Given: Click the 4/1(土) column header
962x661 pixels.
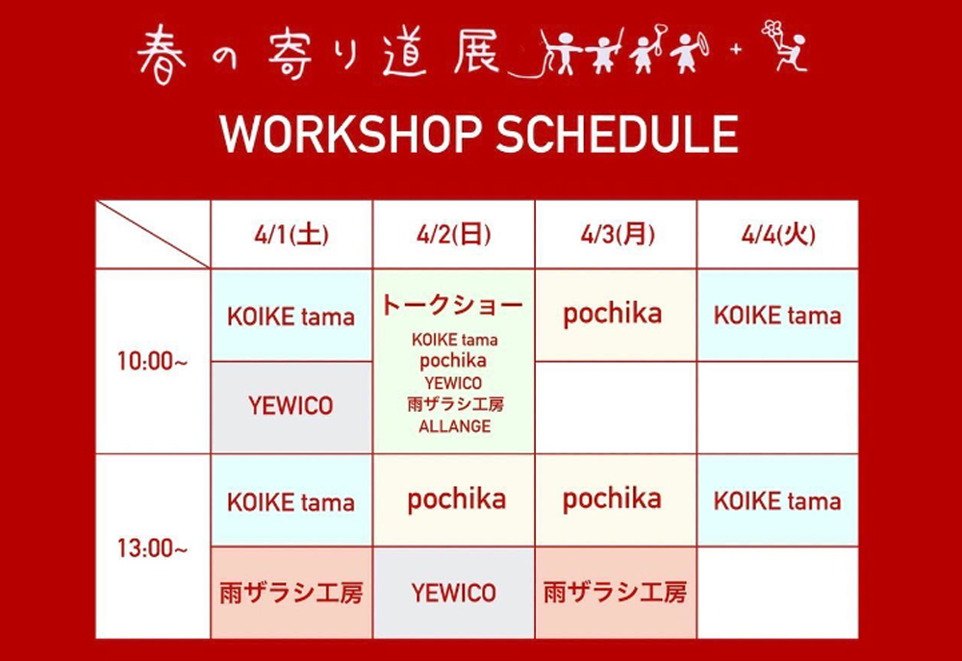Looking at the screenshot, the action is click(291, 235).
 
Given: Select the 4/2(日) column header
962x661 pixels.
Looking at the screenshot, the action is click(453, 235).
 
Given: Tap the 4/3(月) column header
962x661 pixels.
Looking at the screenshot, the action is click(617, 235).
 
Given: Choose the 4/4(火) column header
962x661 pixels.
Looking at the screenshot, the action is click(778, 235).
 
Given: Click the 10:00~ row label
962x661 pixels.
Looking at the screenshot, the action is click(152, 361).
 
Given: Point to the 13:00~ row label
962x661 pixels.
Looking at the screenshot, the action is click(152, 548).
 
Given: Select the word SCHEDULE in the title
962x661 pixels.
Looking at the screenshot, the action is click(618, 134).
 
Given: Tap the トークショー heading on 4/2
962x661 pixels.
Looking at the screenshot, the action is click(453, 305).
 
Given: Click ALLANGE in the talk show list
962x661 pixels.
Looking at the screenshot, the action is click(455, 426).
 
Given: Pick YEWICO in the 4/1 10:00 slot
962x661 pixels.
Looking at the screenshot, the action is click(291, 406).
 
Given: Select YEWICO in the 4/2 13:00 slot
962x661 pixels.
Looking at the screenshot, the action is click(453, 593).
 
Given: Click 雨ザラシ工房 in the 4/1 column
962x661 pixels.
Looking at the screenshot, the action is click(291, 594).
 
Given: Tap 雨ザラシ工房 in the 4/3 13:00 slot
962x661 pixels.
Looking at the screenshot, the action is click(616, 593).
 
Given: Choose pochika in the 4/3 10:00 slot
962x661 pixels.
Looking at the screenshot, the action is click(612, 315).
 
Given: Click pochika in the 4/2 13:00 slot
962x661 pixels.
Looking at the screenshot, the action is click(456, 500).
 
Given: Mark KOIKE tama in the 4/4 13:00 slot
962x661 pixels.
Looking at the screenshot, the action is click(777, 501).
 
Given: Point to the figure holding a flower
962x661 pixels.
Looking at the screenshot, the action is click(785, 45).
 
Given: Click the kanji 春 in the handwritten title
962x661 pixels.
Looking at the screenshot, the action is click(162, 54).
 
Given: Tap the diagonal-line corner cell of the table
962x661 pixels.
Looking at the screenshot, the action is click(153, 235).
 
